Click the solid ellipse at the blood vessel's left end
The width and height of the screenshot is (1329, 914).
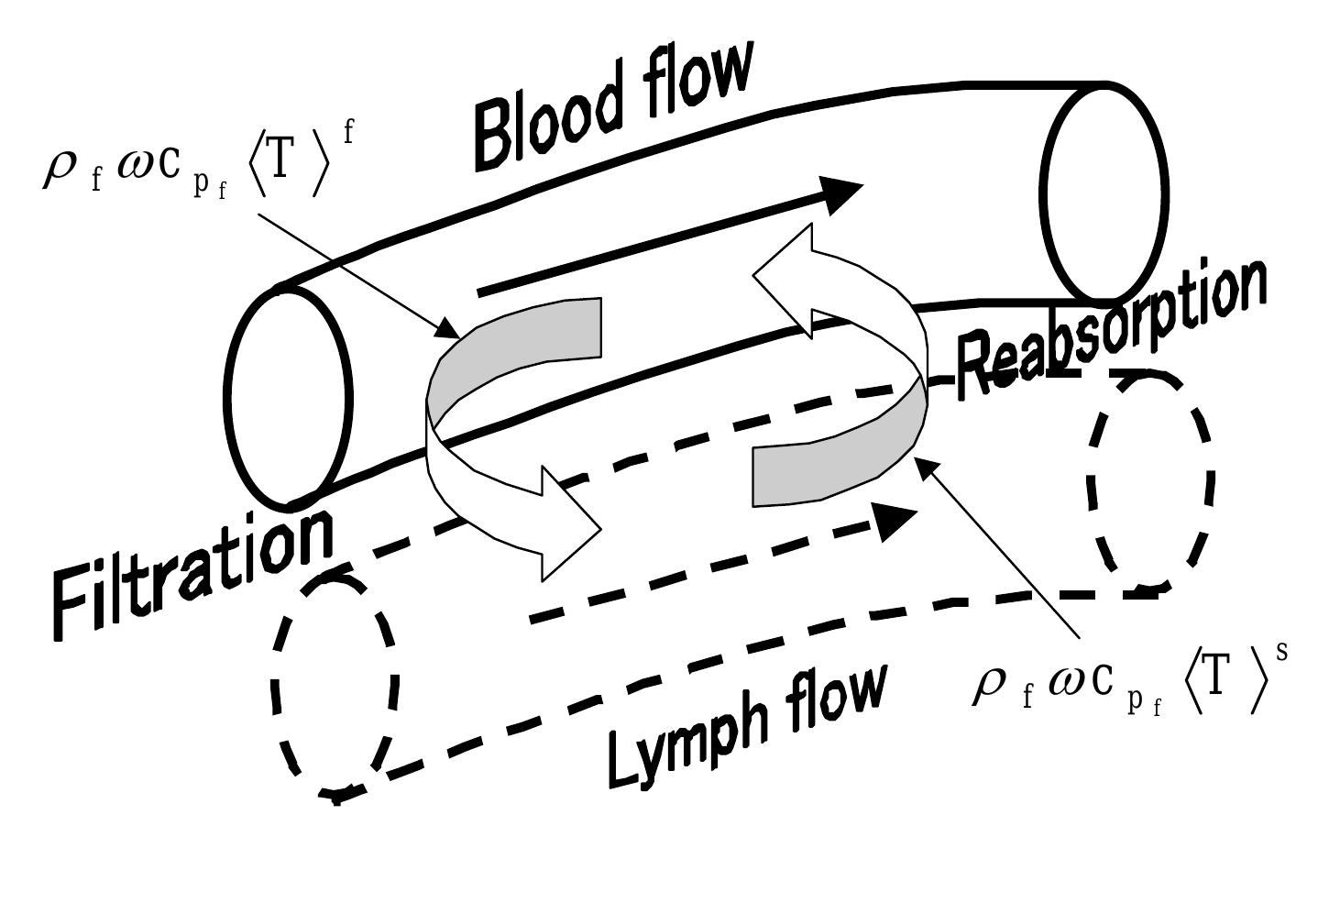[288, 398]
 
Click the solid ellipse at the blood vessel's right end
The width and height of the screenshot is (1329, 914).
[1105, 192]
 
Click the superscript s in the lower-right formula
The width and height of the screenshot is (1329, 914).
[1281, 652]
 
